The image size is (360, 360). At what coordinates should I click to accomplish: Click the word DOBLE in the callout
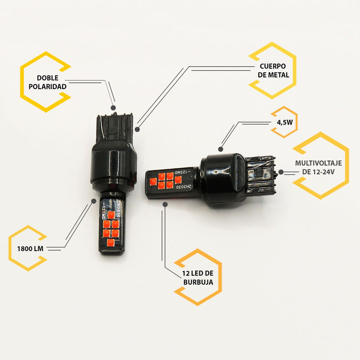(48, 78)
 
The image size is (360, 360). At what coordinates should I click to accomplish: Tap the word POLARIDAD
(48, 87)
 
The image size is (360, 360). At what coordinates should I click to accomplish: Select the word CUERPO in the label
(273, 66)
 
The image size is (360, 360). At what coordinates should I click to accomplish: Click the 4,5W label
(285, 122)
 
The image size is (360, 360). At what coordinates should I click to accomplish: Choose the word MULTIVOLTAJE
(318, 163)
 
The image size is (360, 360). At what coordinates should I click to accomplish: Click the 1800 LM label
(30, 249)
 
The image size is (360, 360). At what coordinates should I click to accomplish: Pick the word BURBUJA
(198, 282)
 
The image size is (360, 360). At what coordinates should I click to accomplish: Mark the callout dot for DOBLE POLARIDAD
(113, 108)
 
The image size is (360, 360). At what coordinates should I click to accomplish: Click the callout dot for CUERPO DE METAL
(137, 130)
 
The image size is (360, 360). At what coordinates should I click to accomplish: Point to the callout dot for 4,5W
(220, 149)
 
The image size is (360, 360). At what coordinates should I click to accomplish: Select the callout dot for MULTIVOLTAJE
(281, 172)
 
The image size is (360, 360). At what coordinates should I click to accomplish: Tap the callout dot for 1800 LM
(94, 201)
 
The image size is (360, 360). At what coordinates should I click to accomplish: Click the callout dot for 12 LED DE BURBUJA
(165, 204)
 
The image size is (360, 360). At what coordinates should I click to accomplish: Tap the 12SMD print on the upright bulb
(103, 212)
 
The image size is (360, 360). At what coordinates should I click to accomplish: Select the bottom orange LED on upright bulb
(111, 243)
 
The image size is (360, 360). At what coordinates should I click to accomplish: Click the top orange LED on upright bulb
(111, 215)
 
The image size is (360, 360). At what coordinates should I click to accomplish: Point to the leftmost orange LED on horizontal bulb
(153, 182)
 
